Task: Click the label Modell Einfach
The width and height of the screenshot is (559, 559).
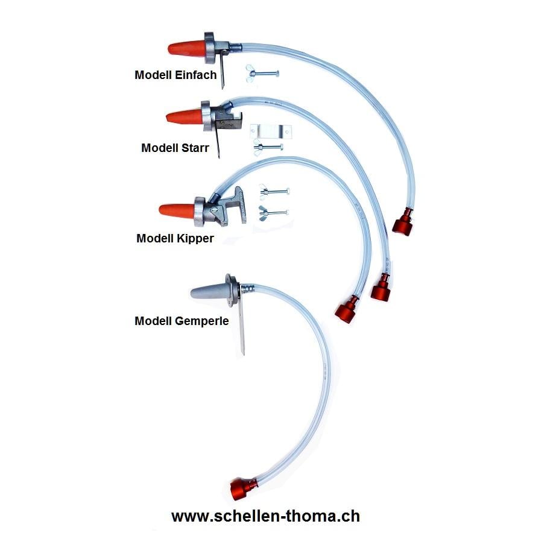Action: tap(175, 75)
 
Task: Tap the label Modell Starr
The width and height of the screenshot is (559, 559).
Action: tap(175, 148)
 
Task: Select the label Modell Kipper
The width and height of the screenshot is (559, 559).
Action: tap(175, 238)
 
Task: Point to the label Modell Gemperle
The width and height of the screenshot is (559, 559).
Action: tap(182, 321)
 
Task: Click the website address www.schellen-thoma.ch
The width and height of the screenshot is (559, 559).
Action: tap(265, 516)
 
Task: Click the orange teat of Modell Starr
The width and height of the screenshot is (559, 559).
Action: tap(185, 116)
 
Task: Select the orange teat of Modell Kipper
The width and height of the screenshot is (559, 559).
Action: tap(177, 210)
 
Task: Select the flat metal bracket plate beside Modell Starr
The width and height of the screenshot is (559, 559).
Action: tap(270, 131)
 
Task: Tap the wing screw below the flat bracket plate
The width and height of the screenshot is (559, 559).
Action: tap(268, 147)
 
